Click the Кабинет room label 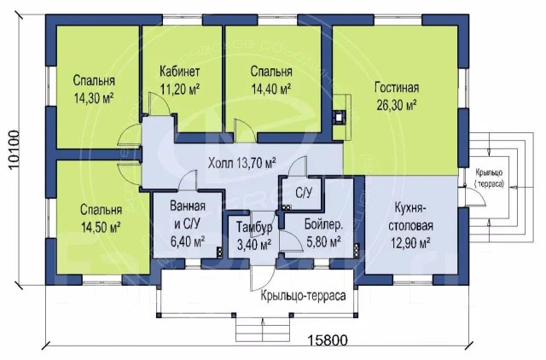coord(180,72)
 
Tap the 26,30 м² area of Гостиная coord(397,105)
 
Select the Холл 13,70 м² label coord(242,163)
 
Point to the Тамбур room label coord(254,227)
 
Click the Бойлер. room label coord(324,224)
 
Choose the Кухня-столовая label coord(411,217)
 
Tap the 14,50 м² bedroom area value coord(101,228)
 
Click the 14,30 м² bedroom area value coord(94,98)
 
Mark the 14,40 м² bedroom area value coord(271,89)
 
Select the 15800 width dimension coord(328,340)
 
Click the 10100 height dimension coord(13,150)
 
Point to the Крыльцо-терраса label coord(304,295)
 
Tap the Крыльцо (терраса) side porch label coord(490,178)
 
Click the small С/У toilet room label coord(304,193)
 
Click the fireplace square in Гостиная coord(339,117)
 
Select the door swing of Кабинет coord(160,103)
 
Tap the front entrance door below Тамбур coord(262,278)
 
